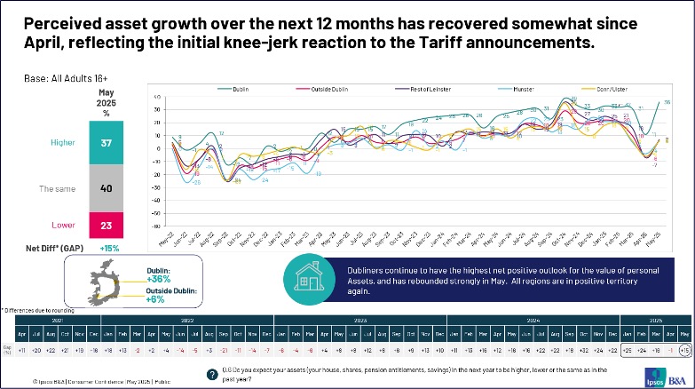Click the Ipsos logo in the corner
[667, 366]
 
